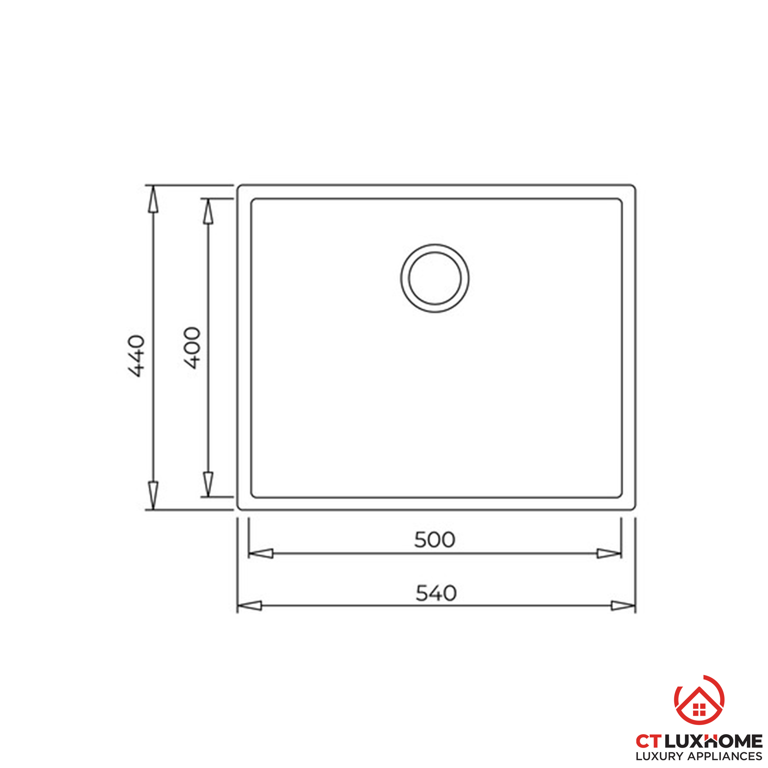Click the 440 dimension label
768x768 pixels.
[x=136, y=356]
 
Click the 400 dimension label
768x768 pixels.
[x=192, y=348]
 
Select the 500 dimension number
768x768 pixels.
[x=434, y=540]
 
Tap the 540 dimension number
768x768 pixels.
[x=436, y=594]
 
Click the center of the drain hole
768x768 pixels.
[x=435, y=278]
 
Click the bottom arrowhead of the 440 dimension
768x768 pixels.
[x=153, y=495]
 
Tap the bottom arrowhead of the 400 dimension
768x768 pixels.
[x=208, y=483]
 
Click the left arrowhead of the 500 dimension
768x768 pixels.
[x=261, y=553]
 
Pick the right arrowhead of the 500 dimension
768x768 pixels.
[x=609, y=553]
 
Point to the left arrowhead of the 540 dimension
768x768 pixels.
[x=250, y=606]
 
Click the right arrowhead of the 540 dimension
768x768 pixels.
[x=622, y=606]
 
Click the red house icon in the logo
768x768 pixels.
[x=699, y=705]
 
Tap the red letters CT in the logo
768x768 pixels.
[x=649, y=742]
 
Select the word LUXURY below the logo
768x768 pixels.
[x=659, y=756]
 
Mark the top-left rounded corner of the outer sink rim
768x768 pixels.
[x=239, y=187]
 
